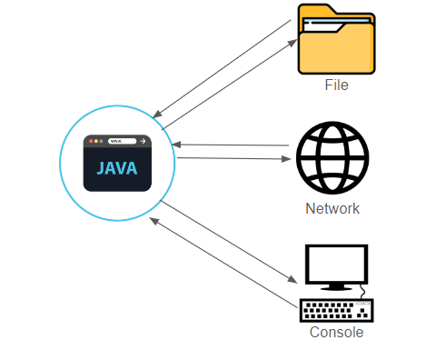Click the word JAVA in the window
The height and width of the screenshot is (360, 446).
[117, 169]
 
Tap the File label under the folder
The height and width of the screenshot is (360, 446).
[336, 85]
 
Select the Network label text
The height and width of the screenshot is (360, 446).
[332, 208]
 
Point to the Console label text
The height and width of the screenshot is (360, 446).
[336, 332]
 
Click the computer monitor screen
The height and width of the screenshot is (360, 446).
[336, 264]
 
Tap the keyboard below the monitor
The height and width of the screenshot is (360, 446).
[336, 310]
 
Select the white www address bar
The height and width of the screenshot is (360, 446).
[122, 142]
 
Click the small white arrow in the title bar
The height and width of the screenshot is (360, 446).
[143, 142]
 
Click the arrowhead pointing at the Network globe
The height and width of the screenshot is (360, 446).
[293, 159]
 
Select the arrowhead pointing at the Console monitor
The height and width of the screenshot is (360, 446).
[295, 280]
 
